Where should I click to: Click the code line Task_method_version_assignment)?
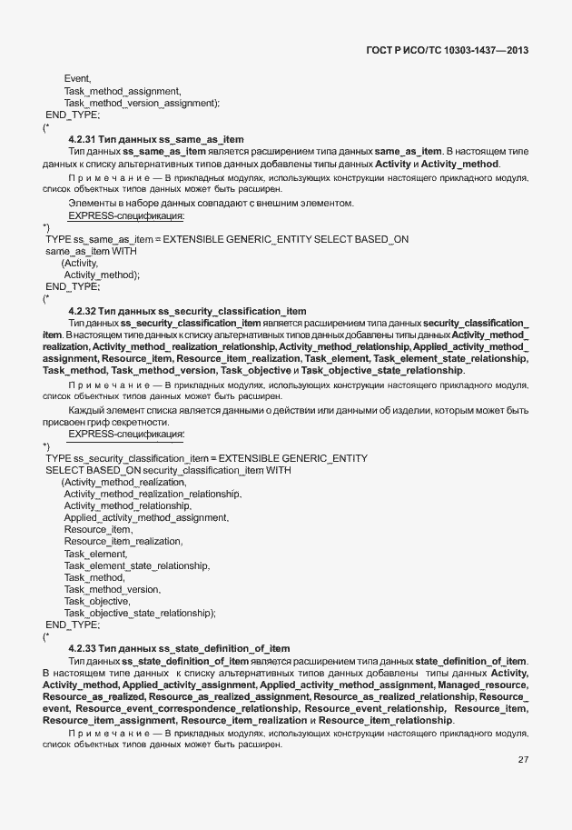[x=142, y=103]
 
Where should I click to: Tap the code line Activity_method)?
[x=102, y=274]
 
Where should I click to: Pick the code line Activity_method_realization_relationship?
[x=153, y=494]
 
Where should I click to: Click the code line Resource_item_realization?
[x=123, y=541]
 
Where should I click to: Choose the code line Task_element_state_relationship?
[x=136, y=565]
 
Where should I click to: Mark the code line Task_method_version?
[x=112, y=589]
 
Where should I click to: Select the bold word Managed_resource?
[x=482, y=684]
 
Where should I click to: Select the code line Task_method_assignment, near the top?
[x=123, y=91]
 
